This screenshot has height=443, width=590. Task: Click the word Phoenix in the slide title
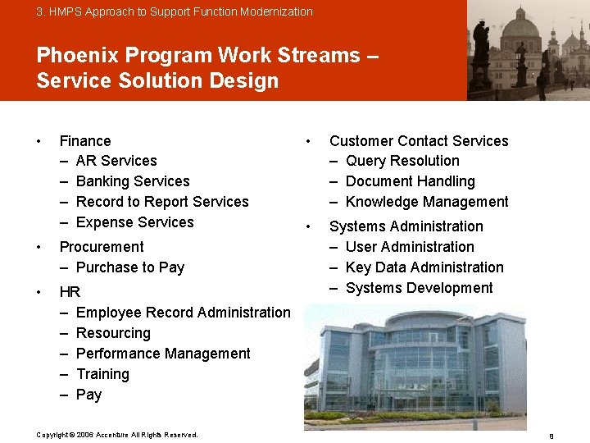pos(75,55)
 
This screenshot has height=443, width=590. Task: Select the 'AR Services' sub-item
pos(116,161)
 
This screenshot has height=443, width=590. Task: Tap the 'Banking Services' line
pos(132,181)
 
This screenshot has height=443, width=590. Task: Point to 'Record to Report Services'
pos(161,202)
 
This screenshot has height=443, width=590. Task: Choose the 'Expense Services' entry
pos(134,222)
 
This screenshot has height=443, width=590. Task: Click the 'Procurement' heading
pos(102,247)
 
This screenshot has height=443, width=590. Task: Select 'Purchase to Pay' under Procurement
pos(129,267)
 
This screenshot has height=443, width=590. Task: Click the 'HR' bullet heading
pos(70,292)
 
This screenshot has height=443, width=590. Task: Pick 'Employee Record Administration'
pos(183,313)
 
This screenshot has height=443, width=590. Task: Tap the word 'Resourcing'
pos(113,333)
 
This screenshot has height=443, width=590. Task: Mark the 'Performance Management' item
pos(163,354)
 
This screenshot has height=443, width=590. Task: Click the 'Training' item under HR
pos(102,374)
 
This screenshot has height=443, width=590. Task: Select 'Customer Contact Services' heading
pos(419,141)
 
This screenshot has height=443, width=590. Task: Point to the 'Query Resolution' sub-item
pos(402,161)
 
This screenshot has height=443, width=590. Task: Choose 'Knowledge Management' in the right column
pos(427,202)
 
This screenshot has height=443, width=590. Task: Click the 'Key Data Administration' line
pos(424,267)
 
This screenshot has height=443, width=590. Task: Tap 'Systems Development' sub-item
pos(419,288)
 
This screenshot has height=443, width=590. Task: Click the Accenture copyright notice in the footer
pos(117,435)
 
